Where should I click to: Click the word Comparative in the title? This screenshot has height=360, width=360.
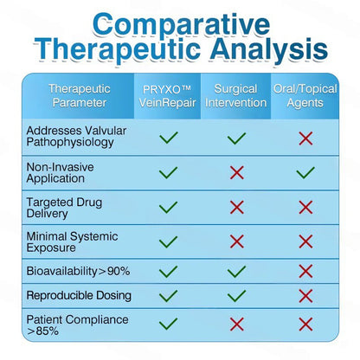182,24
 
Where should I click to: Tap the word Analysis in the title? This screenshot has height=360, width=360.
269,50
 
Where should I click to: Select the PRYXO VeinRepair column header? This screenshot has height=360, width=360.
167,96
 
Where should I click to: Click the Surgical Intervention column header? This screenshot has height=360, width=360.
235,96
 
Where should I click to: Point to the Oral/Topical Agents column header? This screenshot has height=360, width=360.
305,96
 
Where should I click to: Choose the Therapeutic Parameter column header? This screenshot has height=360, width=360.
80,96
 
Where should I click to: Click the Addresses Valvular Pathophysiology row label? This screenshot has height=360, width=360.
76,137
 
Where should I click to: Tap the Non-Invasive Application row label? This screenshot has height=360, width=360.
60,172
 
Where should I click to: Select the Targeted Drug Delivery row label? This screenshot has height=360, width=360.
64,208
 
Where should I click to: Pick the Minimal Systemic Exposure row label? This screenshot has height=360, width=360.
72,242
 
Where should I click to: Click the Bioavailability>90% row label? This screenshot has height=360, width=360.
78,272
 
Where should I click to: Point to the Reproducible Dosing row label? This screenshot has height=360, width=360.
79,296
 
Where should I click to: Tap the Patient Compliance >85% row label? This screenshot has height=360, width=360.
77,325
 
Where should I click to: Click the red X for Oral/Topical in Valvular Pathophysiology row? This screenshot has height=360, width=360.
305,138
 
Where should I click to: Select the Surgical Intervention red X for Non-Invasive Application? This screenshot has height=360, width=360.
237,172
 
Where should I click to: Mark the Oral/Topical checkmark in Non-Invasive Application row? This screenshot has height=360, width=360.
305,172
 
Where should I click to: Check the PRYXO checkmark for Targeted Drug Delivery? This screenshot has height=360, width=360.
168,207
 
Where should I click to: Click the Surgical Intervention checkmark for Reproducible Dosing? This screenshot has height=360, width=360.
236,296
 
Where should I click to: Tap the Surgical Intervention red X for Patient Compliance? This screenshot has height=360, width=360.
237,325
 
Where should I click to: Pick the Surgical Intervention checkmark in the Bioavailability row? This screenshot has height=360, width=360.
236,271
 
